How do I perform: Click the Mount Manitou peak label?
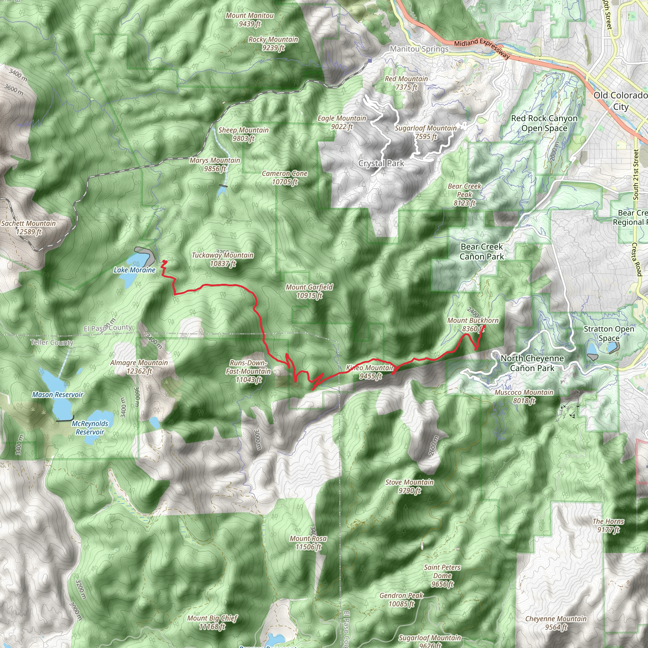pyautogui.click(x=250, y=19)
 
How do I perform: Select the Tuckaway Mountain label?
pyautogui.click(x=223, y=259)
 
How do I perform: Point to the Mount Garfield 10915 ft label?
pyautogui.click(x=309, y=291)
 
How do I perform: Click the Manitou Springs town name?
pyautogui.click(x=419, y=49)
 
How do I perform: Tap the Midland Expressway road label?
pyautogui.click(x=481, y=48)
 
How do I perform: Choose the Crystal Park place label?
pyautogui.click(x=381, y=163)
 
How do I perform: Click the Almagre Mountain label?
pyautogui.click(x=139, y=367)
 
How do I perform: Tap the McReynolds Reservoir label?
pyautogui.click(x=90, y=428)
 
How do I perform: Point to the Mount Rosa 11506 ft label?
pyautogui.click(x=308, y=542)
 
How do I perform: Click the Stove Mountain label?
pyautogui.click(x=409, y=486)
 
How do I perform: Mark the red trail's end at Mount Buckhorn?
pyautogui.click(x=484, y=326)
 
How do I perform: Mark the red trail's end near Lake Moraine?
pyautogui.click(x=164, y=261)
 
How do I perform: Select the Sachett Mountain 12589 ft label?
pyautogui.click(x=28, y=227)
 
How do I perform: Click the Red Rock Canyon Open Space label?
pyautogui.click(x=544, y=123)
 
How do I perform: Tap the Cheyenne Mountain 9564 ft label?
pyautogui.click(x=556, y=623)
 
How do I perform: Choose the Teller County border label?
pyautogui.click(x=52, y=342)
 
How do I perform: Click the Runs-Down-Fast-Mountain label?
pyautogui.click(x=248, y=371)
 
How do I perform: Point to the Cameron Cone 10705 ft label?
pyautogui.click(x=284, y=178)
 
